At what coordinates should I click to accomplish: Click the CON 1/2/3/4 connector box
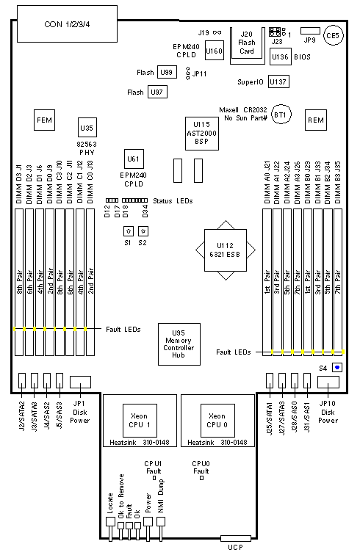click(67, 23)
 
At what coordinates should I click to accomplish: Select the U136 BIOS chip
click(280, 57)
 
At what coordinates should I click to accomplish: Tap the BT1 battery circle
click(281, 115)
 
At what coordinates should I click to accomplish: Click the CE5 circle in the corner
click(333, 35)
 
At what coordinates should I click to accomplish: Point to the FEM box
click(44, 120)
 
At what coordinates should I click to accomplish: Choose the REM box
click(316, 120)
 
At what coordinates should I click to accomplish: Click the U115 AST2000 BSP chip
click(201, 134)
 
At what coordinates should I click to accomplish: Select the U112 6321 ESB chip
click(226, 250)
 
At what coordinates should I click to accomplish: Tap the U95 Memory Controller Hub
click(179, 344)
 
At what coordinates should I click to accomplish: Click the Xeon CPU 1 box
click(140, 420)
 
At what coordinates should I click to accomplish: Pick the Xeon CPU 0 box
click(217, 420)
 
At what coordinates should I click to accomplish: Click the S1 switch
click(129, 231)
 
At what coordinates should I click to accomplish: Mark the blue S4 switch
click(337, 367)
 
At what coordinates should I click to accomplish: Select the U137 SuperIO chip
click(278, 81)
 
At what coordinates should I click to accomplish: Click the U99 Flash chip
click(167, 72)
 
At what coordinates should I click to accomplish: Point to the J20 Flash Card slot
click(248, 46)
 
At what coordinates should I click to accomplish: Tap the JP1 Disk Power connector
click(80, 382)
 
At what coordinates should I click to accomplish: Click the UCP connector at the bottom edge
click(236, 538)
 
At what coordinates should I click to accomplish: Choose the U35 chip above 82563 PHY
click(87, 128)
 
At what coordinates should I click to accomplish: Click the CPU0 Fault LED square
click(201, 478)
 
